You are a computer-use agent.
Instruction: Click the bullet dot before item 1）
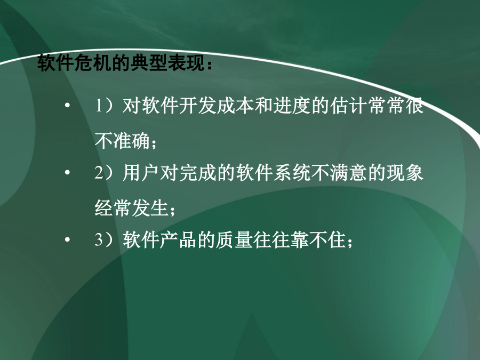point(67,106)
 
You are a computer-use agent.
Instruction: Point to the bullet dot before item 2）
point(67,173)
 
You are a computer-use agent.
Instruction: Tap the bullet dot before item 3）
point(67,239)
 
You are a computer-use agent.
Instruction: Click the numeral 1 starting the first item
point(99,106)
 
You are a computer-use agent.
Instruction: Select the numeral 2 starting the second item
point(99,173)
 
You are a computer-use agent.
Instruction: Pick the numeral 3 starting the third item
point(99,239)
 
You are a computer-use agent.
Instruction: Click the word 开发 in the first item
point(198,106)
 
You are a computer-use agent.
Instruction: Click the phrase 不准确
point(122,141)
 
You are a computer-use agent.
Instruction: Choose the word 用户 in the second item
point(141,173)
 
